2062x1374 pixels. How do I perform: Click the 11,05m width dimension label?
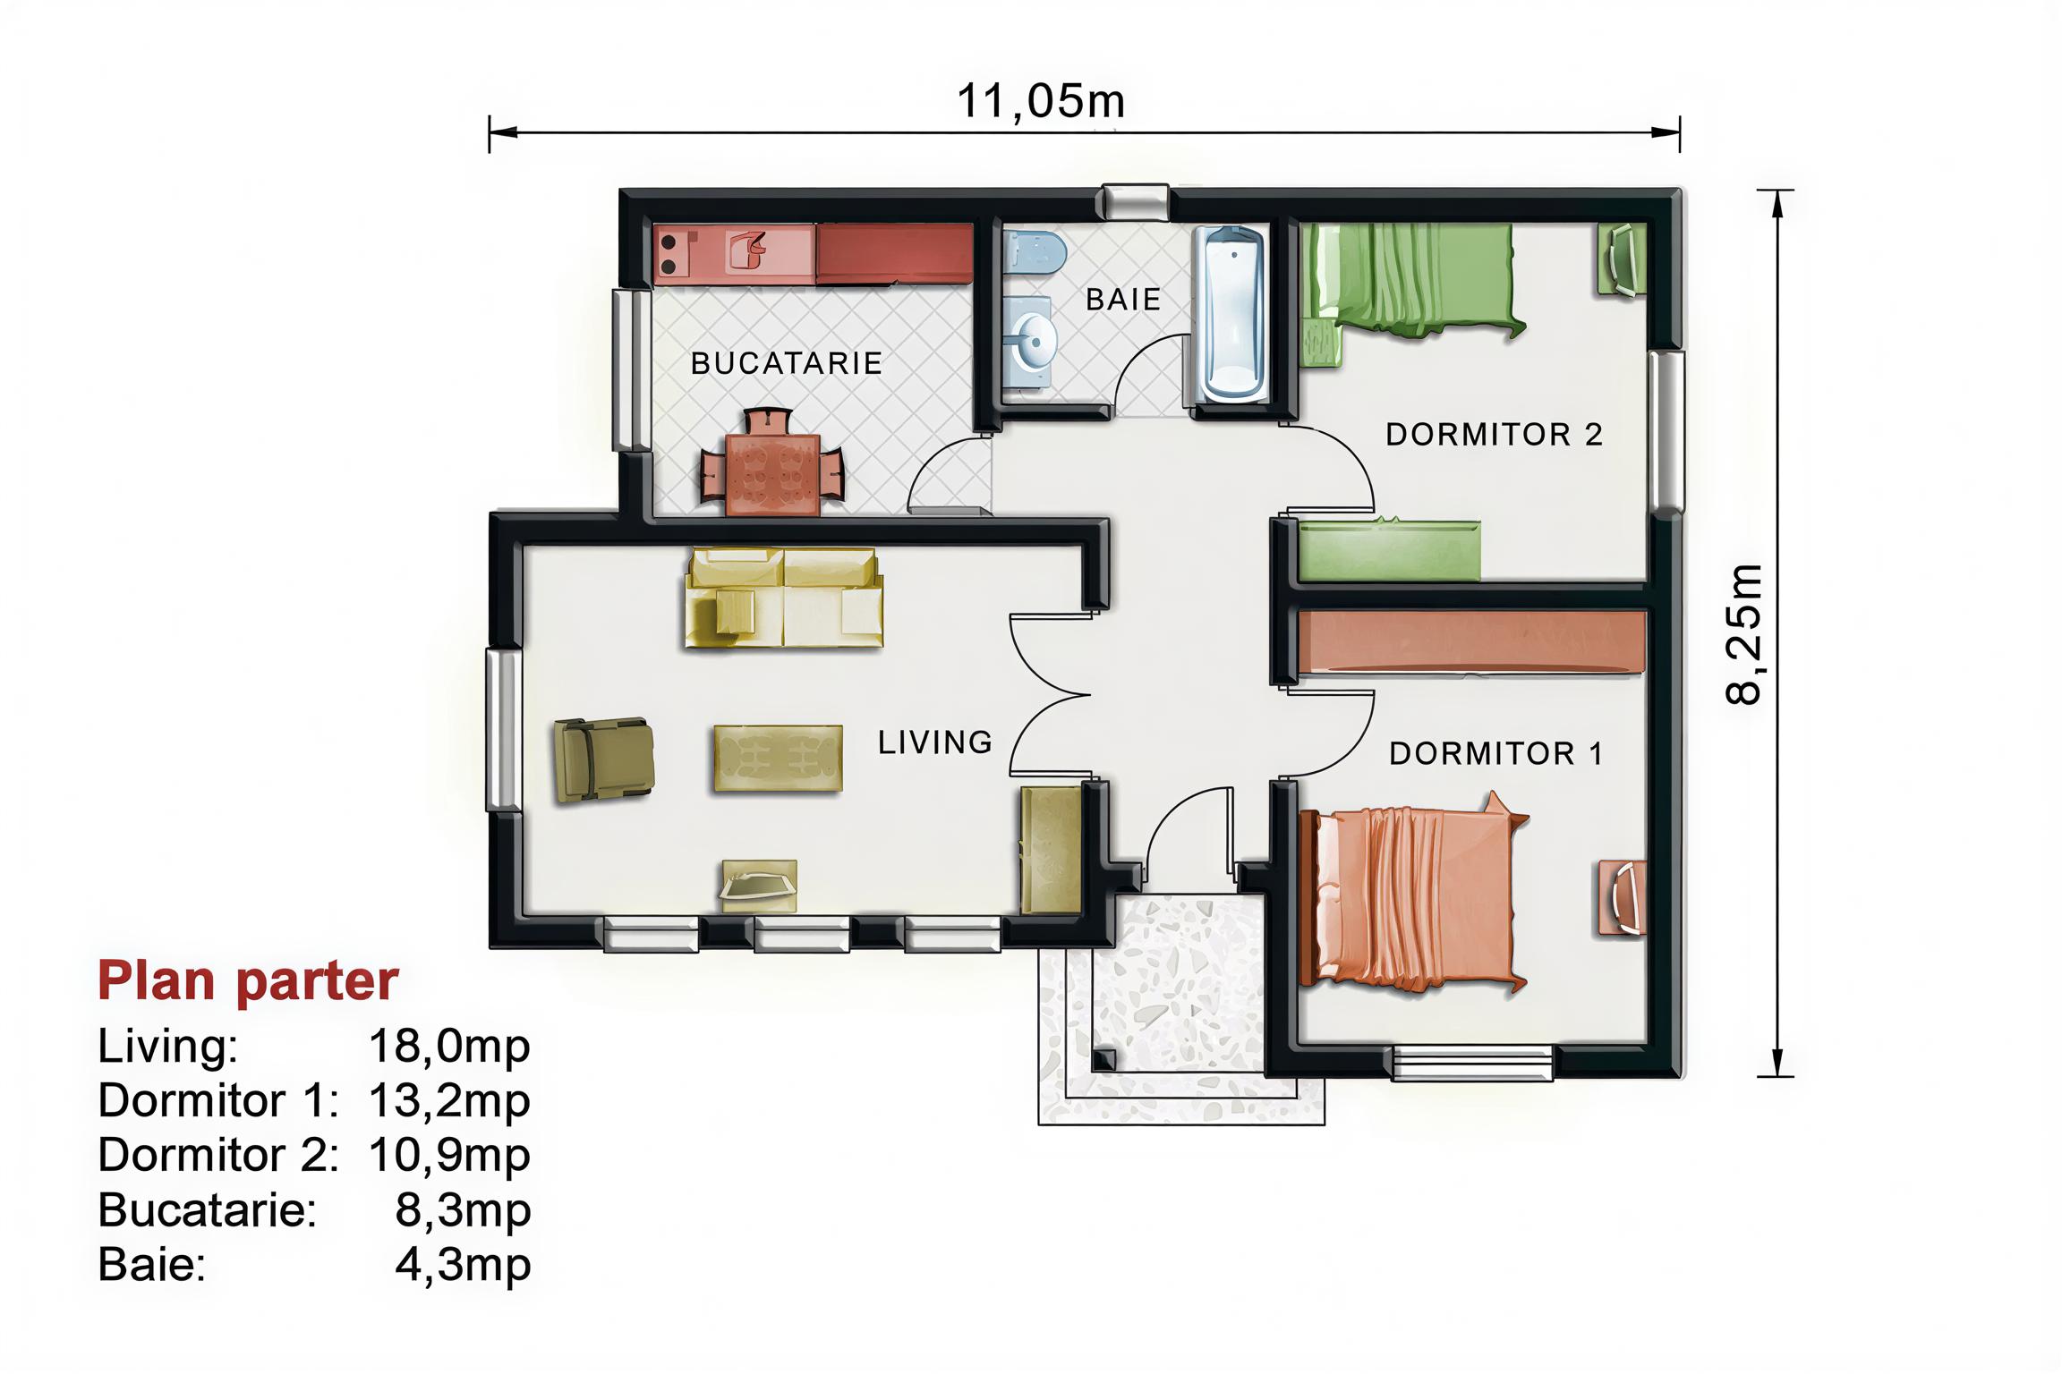(x=1041, y=101)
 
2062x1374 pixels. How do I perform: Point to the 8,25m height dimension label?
(x=1744, y=634)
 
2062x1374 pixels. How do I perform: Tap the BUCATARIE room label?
(x=787, y=363)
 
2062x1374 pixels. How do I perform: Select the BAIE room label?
(x=1123, y=299)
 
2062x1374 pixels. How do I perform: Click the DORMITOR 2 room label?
(x=1494, y=435)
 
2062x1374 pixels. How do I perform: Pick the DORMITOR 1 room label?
(x=1495, y=754)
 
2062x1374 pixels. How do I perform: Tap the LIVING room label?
(x=935, y=742)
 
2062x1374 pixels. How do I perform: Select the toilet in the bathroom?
(x=1033, y=251)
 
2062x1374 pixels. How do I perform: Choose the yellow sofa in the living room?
(x=784, y=598)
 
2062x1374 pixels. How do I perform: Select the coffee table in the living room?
(x=778, y=759)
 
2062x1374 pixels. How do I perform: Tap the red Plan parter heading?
(x=248, y=981)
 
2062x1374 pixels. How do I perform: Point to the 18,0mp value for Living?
(x=449, y=1046)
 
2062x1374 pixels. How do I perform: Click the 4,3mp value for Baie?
(x=463, y=1265)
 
